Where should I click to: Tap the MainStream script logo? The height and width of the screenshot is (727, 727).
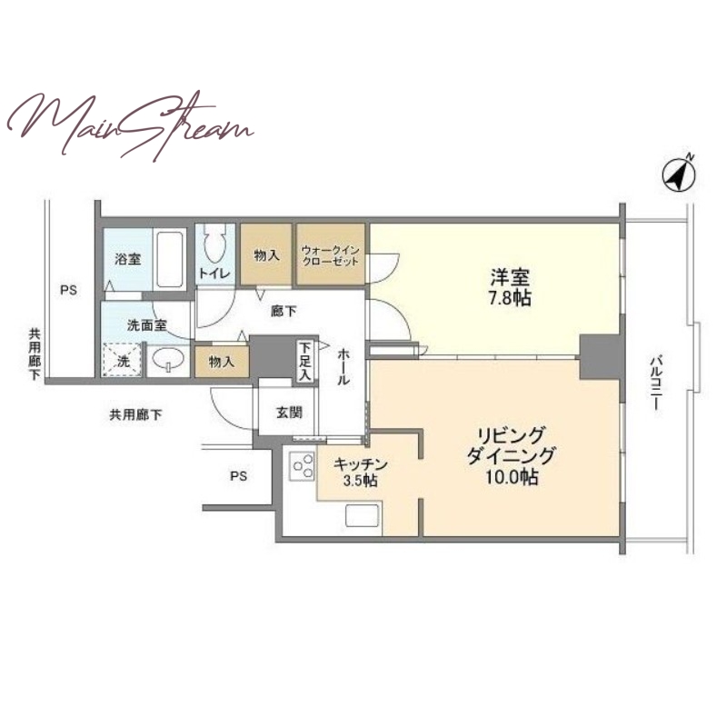coord(131,126)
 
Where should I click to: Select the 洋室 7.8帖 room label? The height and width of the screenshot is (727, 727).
coord(510,287)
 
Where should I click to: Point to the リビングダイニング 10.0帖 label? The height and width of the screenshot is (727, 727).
coord(510,456)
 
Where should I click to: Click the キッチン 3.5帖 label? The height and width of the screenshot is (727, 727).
coord(360,472)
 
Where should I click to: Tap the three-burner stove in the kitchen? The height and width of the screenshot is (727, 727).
coord(302,465)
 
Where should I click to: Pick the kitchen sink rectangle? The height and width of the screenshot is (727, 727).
coord(362,520)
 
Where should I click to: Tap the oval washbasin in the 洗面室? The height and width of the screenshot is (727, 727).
coord(168,359)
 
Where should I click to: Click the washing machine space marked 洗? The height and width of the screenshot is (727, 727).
coord(123,360)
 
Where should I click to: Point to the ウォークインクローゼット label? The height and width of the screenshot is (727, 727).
coord(331,255)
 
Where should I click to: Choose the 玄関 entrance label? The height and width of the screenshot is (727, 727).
coord(289,412)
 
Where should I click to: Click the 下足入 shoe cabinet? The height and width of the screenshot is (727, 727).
coord(304,362)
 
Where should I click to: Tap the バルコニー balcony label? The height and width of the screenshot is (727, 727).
coord(655,383)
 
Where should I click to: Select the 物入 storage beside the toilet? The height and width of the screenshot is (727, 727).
coord(266,254)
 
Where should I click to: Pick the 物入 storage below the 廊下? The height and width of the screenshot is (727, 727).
coord(222,362)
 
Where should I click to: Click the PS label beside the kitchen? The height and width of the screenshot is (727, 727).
coord(238,476)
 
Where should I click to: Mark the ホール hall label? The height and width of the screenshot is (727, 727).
coord(344,367)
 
